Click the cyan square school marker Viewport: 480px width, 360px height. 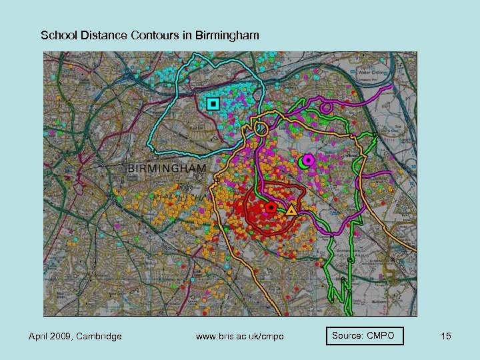coord(213,103)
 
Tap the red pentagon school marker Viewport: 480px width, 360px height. coord(271,207)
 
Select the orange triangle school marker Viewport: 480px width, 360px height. coord(291,211)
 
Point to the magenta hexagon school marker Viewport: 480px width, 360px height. coord(308,160)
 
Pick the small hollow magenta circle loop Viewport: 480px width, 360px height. coord(326,106)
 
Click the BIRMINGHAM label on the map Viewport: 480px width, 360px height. coord(166,168)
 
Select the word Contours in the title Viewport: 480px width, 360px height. coord(156,35)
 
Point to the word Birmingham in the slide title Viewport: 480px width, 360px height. coord(228,35)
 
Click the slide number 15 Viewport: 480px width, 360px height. coord(445,336)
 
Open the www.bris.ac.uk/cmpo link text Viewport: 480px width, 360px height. coord(240,336)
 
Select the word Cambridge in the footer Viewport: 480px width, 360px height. coord(99,336)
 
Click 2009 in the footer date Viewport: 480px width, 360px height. coord(63,336)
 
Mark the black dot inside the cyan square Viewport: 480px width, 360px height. coord(213,103)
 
